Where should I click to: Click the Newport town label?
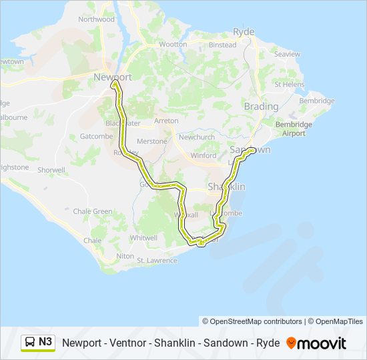(x=113, y=77)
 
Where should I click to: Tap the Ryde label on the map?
(x=244, y=32)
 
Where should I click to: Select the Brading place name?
(x=261, y=107)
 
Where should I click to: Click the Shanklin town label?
(x=226, y=187)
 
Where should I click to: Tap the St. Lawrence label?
(x=157, y=261)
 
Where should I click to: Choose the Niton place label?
(x=125, y=256)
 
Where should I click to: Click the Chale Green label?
(x=93, y=211)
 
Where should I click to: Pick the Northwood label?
(x=96, y=19)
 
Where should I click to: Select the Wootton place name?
(x=173, y=45)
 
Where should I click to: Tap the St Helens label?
(x=290, y=85)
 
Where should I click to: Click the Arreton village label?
(x=166, y=121)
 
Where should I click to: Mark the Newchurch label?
(x=196, y=137)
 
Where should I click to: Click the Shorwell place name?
(x=51, y=170)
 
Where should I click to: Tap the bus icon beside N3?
(x=30, y=343)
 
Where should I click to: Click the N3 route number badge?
(x=45, y=342)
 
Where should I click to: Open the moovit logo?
(x=316, y=343)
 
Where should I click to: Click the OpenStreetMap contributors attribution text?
(x=252, y=321)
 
